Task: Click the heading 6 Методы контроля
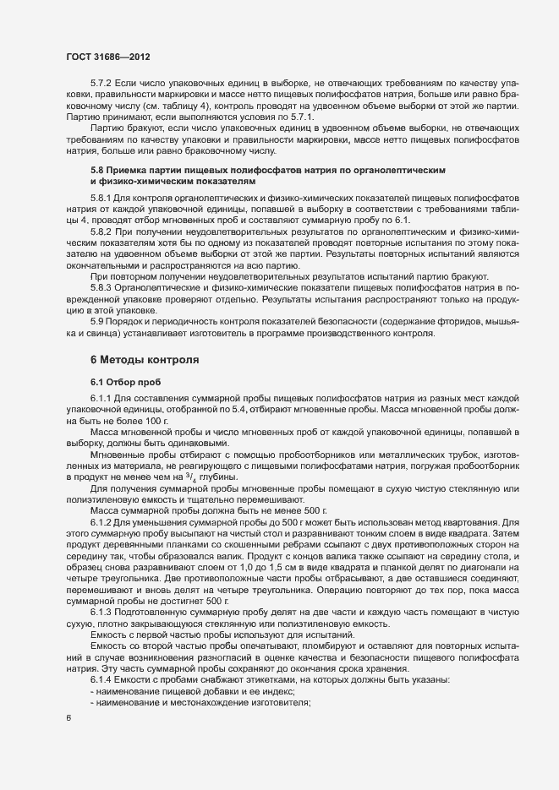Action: point(145,359)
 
